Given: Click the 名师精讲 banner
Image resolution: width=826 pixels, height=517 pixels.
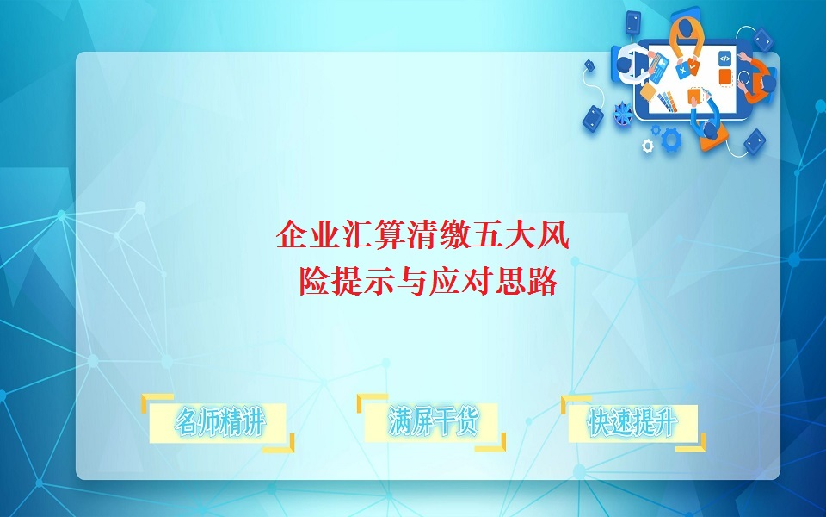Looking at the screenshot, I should click(219, 423).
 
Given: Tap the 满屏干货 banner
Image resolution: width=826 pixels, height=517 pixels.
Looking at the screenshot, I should click(432, 422).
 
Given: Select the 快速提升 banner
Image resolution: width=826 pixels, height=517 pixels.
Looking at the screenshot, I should click(632, 422).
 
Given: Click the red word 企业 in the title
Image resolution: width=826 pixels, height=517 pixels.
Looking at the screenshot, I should click(294, 235).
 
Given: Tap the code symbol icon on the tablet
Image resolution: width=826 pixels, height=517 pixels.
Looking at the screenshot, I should click(724, 59).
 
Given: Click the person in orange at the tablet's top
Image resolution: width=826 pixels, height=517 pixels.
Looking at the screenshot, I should click(686, 31).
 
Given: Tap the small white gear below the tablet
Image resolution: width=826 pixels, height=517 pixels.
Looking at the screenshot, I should click(648, 146).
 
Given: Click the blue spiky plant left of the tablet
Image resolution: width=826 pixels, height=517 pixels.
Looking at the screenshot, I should click(623, 112).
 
